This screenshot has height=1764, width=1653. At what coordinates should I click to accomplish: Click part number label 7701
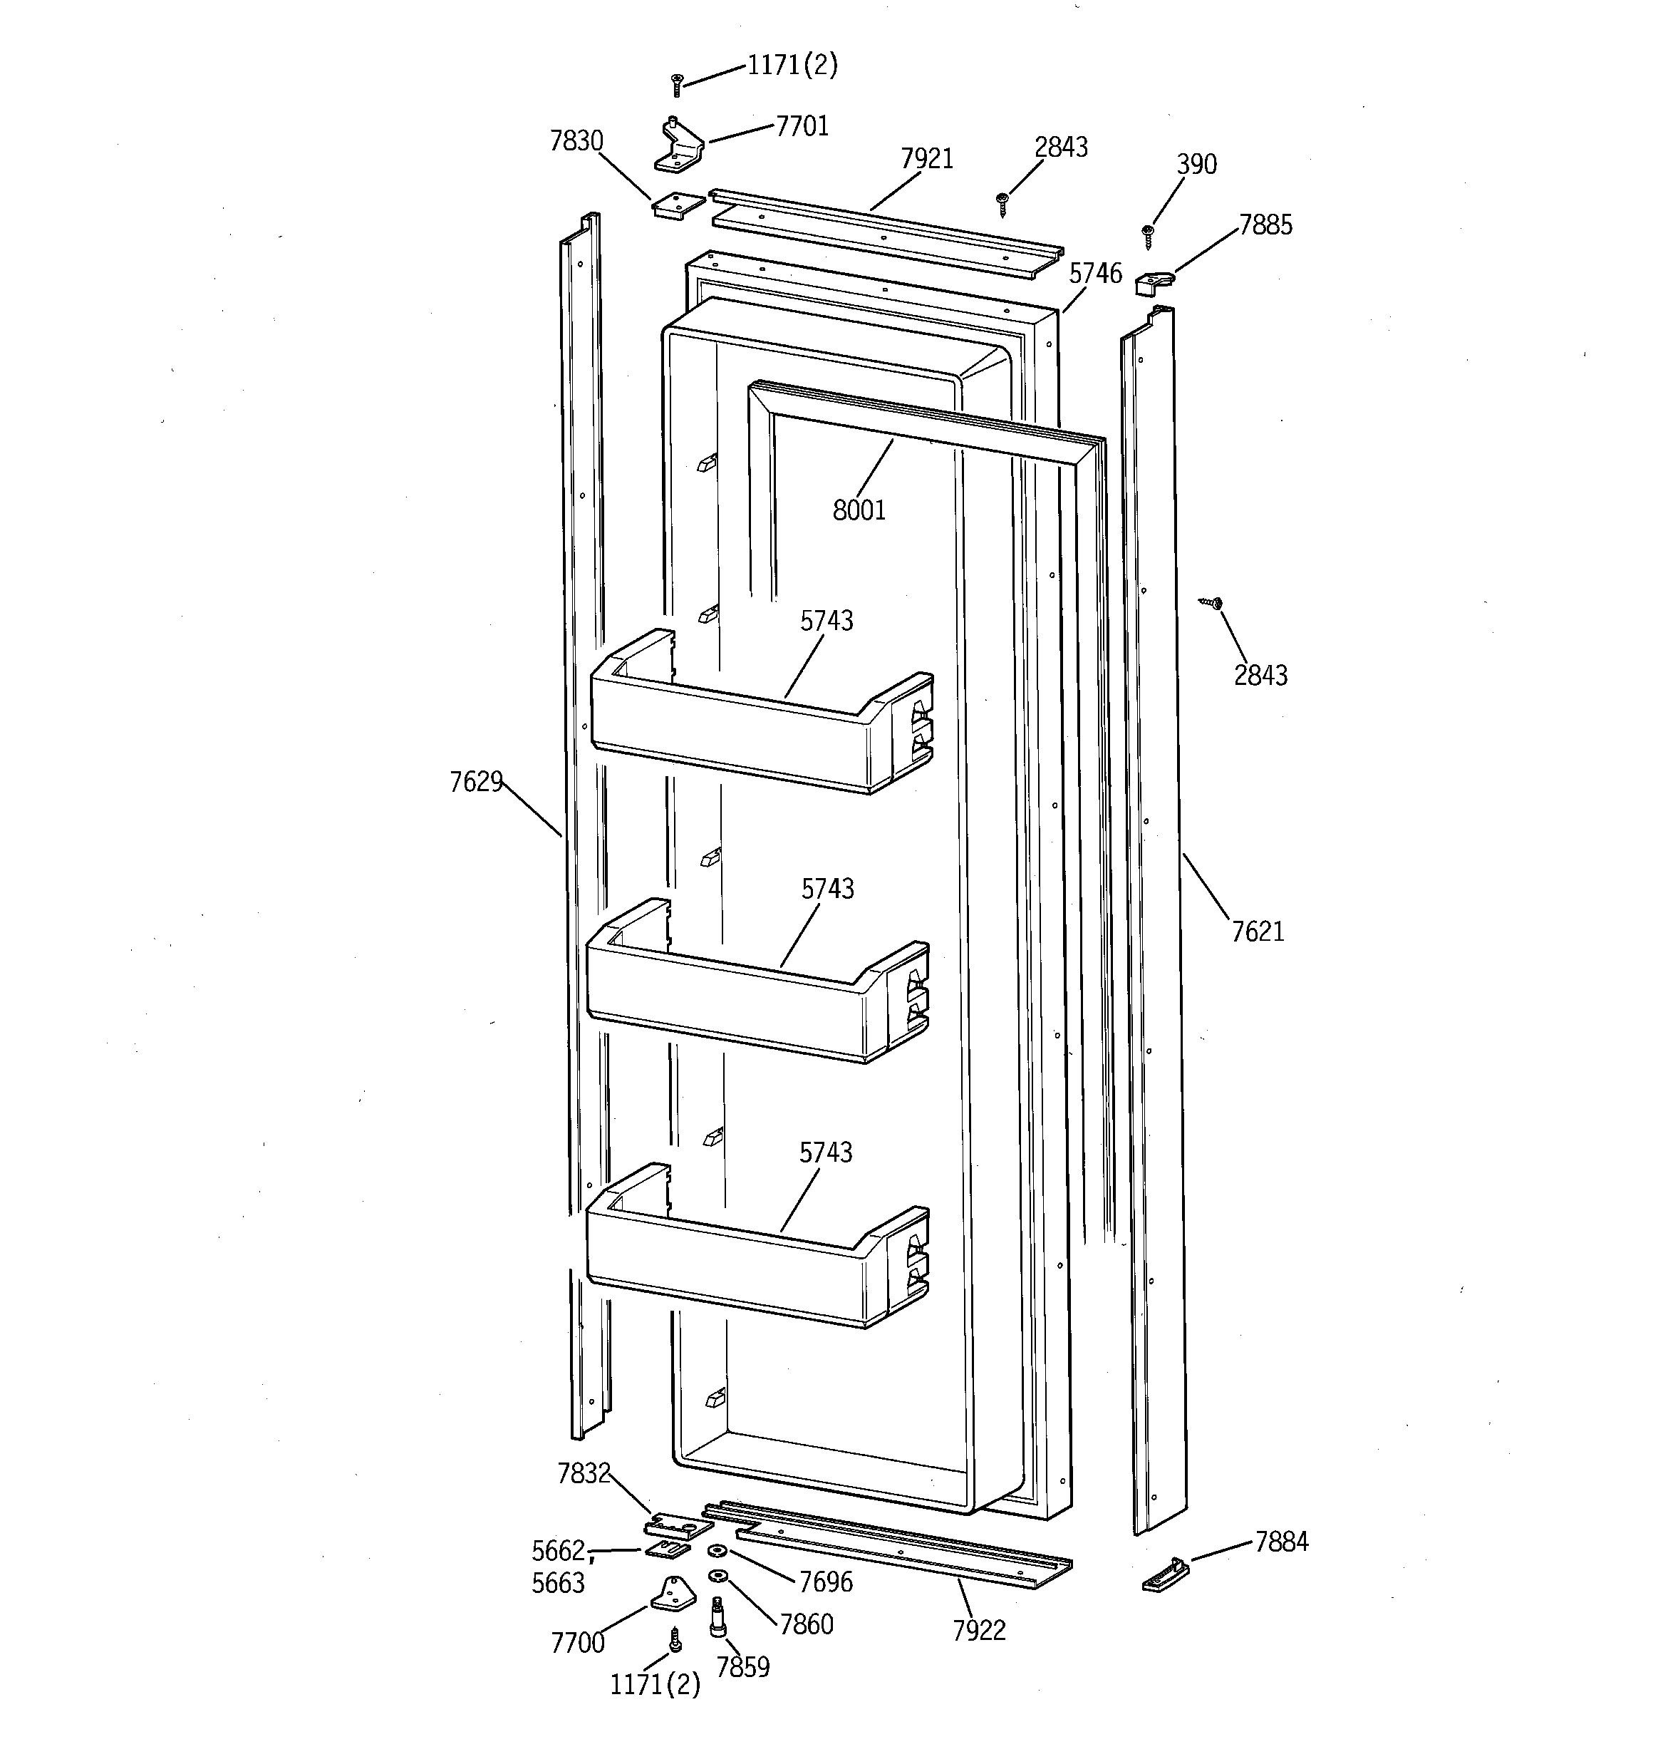[x=802, y=127]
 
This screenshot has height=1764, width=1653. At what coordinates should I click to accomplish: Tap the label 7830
[x=576, y=141]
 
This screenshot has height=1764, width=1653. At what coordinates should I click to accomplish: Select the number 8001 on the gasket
[x=859, y=510]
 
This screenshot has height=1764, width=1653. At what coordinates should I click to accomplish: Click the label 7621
[x=1258, y=932]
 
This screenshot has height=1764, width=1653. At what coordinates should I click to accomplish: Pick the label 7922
[x=979, y=1631]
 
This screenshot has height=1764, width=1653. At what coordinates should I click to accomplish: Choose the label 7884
[x=1281, y=1542]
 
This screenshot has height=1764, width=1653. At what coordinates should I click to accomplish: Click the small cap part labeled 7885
[x=1154, y=283]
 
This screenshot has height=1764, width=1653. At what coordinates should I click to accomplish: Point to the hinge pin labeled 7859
[x=717, y=1616]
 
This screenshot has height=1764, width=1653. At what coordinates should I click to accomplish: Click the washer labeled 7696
[x=717, y=1551]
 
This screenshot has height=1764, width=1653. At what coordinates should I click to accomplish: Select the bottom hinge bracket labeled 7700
[x=673, y=1594]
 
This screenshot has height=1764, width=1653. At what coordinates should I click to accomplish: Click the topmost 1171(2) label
[x=792, y=65]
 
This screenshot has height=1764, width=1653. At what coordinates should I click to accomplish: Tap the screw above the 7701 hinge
[x=677, y=84]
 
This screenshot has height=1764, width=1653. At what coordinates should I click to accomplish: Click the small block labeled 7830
[x=678, y=206]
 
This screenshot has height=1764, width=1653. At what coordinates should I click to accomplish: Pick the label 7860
[x=806, y=1625]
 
